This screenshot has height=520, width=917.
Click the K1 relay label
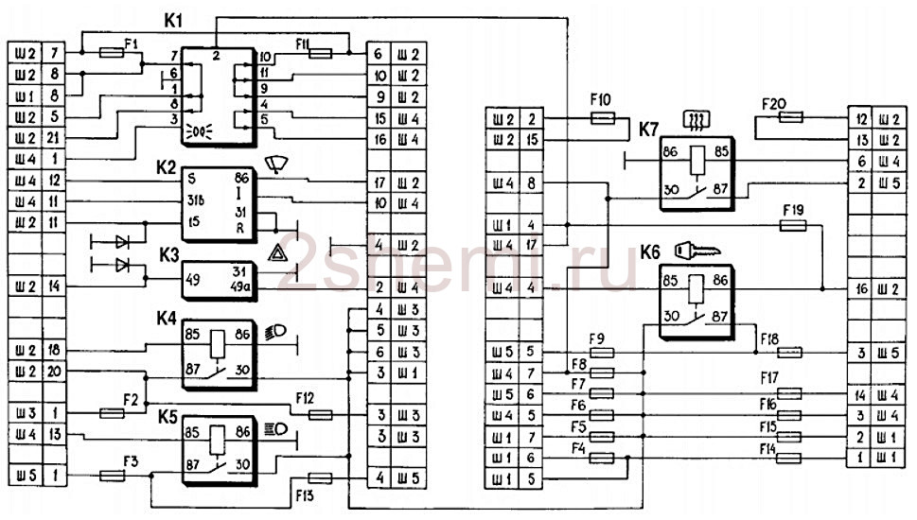173,20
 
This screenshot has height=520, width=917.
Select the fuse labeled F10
603,119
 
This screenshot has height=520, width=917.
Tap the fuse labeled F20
790,119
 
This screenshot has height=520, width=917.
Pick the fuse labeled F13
321,478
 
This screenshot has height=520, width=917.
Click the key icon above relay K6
697,251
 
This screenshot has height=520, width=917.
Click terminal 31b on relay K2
198,200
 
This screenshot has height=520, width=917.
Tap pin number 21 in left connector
55,139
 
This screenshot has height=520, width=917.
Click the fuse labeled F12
322,414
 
